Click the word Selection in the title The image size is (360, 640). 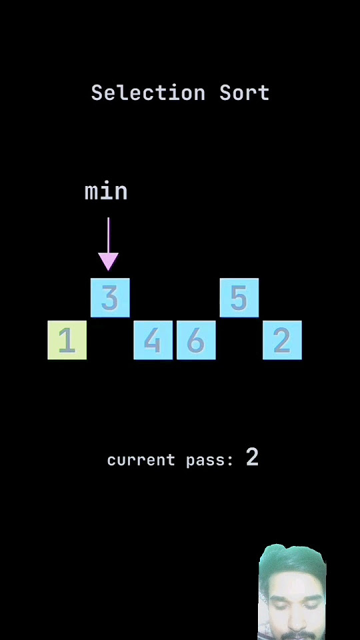coord(148,93)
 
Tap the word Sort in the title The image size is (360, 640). coord(245,93)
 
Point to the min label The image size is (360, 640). coord(106,191)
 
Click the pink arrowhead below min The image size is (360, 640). coord(108,261)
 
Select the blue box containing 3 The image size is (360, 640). coord(110,297)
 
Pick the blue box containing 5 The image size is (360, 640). coord(239,297)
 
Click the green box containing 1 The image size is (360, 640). coord(67,340)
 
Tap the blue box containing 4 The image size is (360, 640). coord(153,340)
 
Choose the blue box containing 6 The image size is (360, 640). coord(196,340)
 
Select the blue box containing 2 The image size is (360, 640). coord(282,340)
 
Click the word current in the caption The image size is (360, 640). coord(141,461)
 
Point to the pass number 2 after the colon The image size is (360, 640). coord(252,457)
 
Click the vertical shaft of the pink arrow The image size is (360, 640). coord(108,235)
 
